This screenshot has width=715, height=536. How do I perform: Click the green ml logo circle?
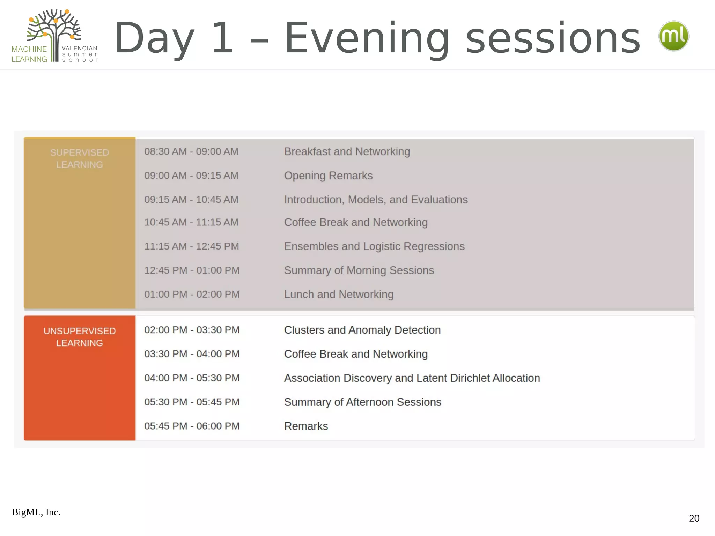[x=673, y=36]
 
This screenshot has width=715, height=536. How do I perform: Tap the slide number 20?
[x=694, y=518]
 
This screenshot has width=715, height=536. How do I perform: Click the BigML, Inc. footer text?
[x=36, y=512]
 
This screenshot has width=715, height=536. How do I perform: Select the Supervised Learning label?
[x=80, y=158]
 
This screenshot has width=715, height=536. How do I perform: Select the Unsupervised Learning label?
[x=80, y=337]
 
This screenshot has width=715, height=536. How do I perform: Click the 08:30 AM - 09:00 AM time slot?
[x=191, y=151]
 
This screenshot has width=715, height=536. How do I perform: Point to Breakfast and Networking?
[x=347, y=151]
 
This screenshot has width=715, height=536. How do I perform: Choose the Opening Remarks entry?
[x=328, y=176]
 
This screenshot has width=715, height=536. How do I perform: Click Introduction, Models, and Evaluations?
[x=376, y=200]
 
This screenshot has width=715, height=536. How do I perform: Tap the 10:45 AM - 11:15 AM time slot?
[x=191, y=222]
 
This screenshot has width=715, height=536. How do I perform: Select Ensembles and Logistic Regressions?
[x=374, y=246]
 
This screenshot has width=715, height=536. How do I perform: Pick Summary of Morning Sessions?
[x=359, y=270]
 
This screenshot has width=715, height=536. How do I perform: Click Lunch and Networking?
[x=339, y=295]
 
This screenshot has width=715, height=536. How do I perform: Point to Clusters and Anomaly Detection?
[x=362, y=330]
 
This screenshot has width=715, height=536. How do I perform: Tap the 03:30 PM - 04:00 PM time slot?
[x=192, y=354]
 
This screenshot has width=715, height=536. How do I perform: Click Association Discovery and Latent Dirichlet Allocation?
[x=412, y=378]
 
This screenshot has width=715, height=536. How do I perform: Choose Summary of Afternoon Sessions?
[x=363, y=402]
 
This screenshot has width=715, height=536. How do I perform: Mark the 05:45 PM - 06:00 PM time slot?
[x=192, y=426]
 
